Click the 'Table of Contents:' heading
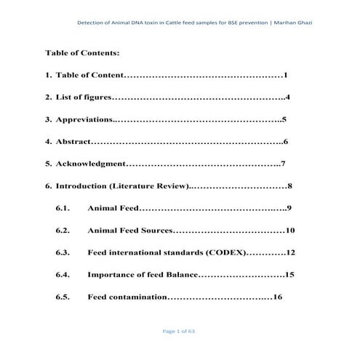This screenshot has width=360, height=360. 82,53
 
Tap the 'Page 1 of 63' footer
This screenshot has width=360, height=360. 179,332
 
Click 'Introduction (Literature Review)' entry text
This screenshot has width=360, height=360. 121,186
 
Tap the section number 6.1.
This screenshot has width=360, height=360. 63,209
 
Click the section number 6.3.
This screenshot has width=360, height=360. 63,253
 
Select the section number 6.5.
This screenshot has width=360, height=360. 63,297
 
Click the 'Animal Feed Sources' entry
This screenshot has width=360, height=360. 129,231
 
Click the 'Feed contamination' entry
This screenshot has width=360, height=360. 127,297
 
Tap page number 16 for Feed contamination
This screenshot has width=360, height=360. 276,297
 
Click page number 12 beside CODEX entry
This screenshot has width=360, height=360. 290,253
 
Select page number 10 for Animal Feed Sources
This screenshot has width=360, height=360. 289,231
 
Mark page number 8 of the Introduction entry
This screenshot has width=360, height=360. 290,186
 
